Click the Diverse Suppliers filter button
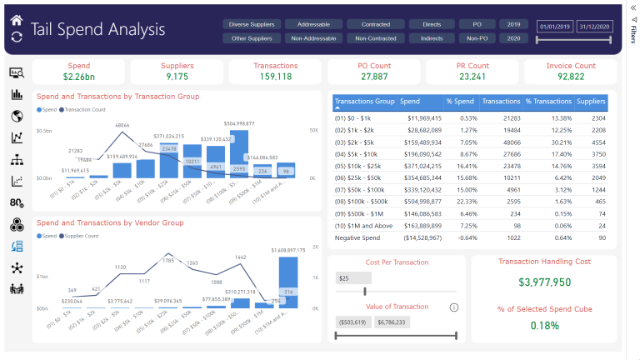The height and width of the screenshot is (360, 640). click(x=251, y=24)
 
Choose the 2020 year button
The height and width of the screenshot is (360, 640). click(x=513, y=38)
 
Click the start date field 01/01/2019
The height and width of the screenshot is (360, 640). click(x=556, y=27)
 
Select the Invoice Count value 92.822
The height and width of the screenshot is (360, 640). click(x=571, y=77)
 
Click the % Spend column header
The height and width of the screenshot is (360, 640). click(x=460, y=101)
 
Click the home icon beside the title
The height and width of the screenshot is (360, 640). click(x=17, y=19)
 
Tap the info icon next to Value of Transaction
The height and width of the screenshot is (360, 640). click(x=453, y=307)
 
